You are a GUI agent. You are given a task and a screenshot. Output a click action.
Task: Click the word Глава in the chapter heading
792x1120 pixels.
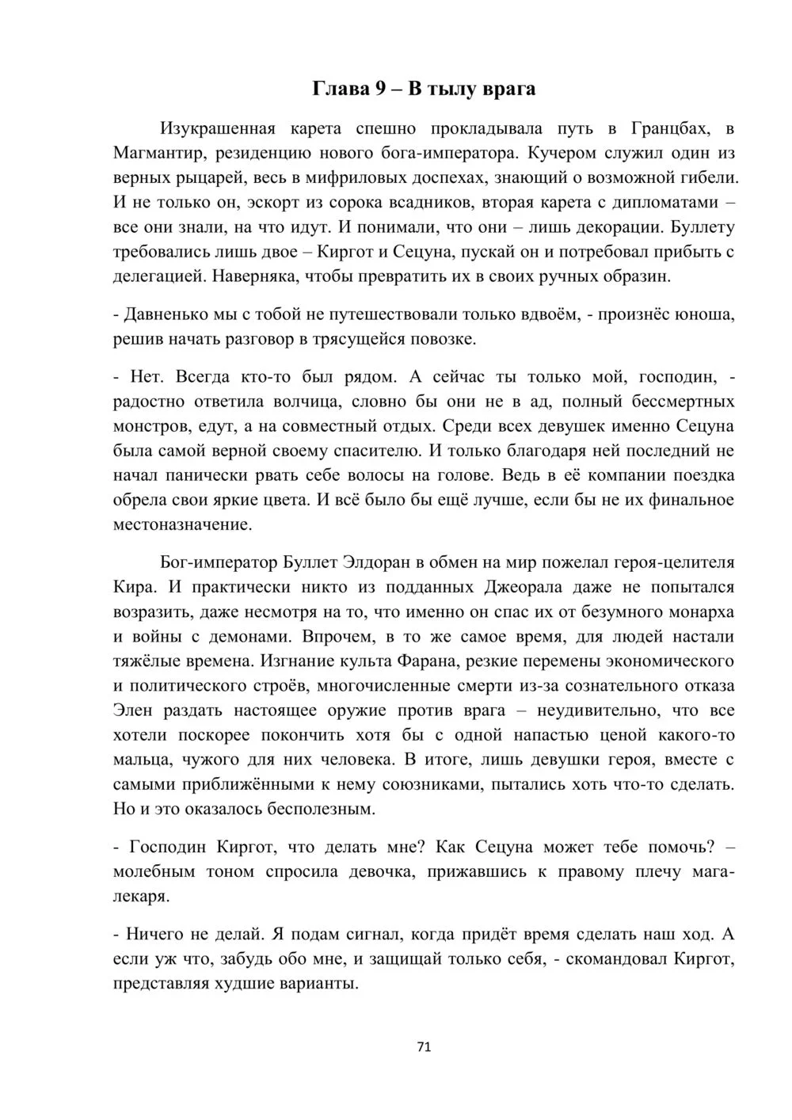click(x=341, y=88)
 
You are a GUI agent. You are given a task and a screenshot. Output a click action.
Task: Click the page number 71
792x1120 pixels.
click(x=423, y=1046)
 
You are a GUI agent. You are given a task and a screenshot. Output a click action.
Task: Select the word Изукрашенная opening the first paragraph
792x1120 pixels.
click(x=218, y=128)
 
